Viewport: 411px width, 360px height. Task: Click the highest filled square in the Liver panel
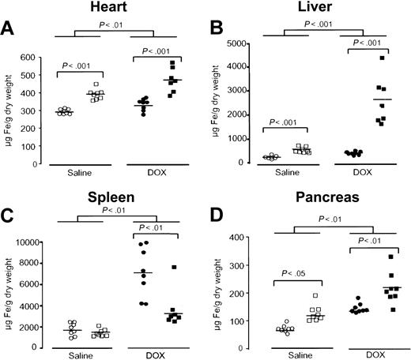coord(360,58)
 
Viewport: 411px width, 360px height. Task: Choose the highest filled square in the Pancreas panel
coord(367,257)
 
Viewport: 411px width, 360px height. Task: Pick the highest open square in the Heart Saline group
coord(95,84)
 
